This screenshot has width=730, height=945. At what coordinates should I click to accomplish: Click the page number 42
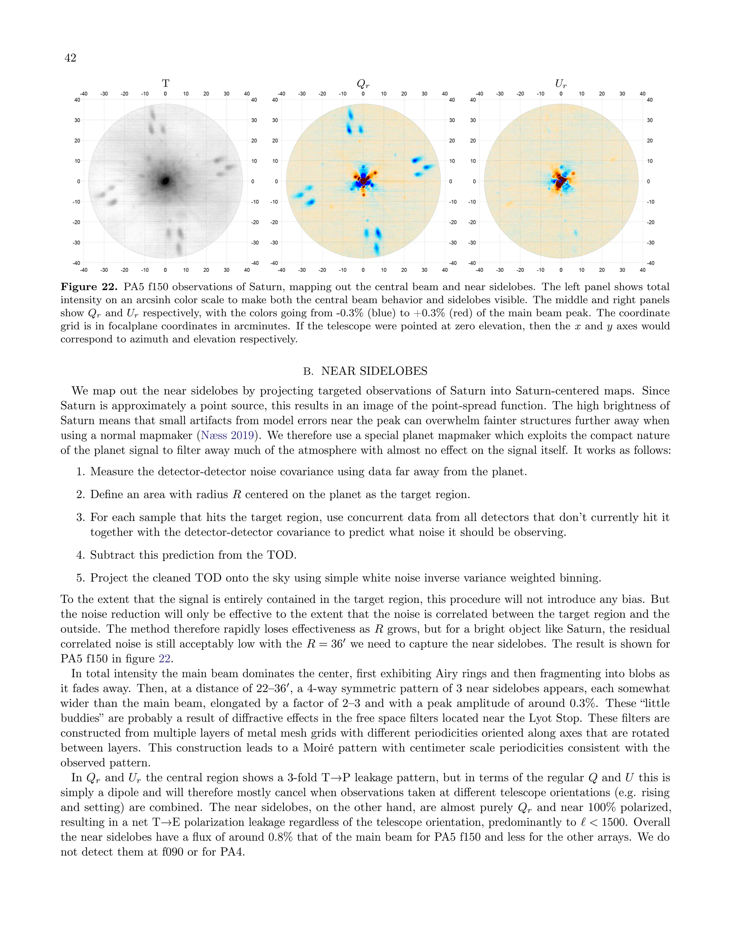click(x=70, y=57)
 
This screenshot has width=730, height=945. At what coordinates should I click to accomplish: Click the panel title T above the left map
click(x=165, y=83)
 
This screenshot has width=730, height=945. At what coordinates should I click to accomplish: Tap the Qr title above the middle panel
click(x=363, y=83)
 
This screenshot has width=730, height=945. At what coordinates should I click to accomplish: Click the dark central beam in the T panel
click(x=165, y=181)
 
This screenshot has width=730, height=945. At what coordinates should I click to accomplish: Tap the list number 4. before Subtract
click(x=81, y=555)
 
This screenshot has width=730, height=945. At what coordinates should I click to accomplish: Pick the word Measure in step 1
click(x=112, y=472)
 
